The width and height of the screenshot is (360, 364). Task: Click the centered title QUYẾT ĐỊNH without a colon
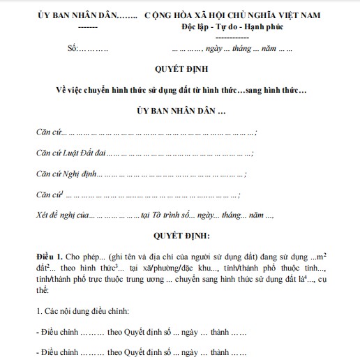click(180, 70)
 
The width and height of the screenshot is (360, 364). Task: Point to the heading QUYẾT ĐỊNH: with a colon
click(180, 236)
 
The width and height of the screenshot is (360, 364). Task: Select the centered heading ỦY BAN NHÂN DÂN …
click(180, 111)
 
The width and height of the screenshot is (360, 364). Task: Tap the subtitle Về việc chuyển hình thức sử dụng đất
click(180, 91)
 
